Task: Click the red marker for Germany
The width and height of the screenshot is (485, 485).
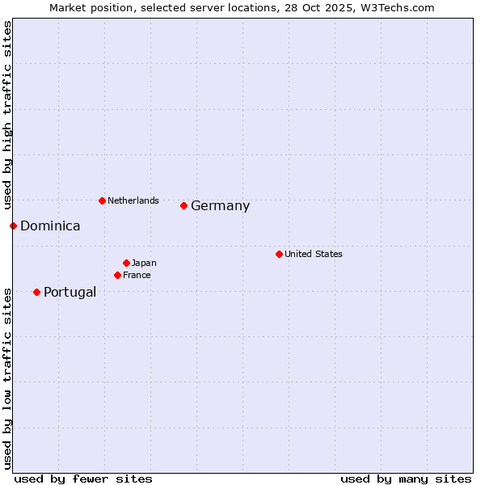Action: (183, 205)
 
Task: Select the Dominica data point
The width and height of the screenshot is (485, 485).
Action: (13, 226)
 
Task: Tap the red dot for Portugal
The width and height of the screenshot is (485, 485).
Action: (36, 292)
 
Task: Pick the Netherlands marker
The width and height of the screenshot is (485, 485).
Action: (102, 200)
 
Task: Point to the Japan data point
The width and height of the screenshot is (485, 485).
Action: (126, 263)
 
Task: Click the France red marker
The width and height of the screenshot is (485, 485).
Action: (117, 275)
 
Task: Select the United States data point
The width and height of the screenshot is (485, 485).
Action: (279, 254)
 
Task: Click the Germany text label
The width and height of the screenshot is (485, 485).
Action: (220, 206)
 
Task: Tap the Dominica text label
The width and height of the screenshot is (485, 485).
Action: (50, 226)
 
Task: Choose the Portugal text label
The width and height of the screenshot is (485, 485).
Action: (70, 293)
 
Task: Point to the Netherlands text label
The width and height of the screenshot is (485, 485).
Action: (133, 200)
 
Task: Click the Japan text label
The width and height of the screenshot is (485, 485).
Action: (144, 263)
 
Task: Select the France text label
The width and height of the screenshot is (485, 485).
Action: (137, 275)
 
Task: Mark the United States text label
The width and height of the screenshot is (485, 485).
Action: (313, 254)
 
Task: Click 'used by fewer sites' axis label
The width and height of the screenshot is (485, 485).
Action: (83, 479)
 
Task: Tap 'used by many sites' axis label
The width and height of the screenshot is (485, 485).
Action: (406, 479)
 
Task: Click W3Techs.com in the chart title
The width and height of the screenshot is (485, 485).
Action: (399, 7)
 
